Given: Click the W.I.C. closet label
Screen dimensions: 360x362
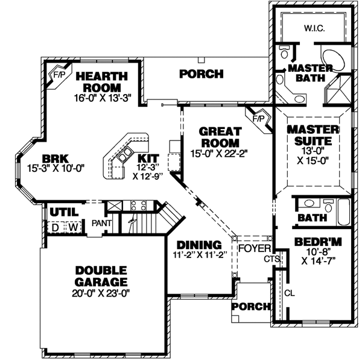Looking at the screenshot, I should click(314, 27).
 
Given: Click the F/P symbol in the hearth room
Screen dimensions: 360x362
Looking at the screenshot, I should click(59, 76).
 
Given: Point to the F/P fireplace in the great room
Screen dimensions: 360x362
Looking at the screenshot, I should click(258, 118).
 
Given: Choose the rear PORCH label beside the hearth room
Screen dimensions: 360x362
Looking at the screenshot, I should click(202, 74).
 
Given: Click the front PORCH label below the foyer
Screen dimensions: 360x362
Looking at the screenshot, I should click(250, 307).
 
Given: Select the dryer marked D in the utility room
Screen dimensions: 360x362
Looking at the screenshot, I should click(54, 227).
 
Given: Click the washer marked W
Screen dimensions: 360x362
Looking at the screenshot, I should click(72, 227).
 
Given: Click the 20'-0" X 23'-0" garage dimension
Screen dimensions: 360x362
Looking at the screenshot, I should click(101, 294).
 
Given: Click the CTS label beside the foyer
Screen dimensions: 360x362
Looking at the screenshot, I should click(271, 259).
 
